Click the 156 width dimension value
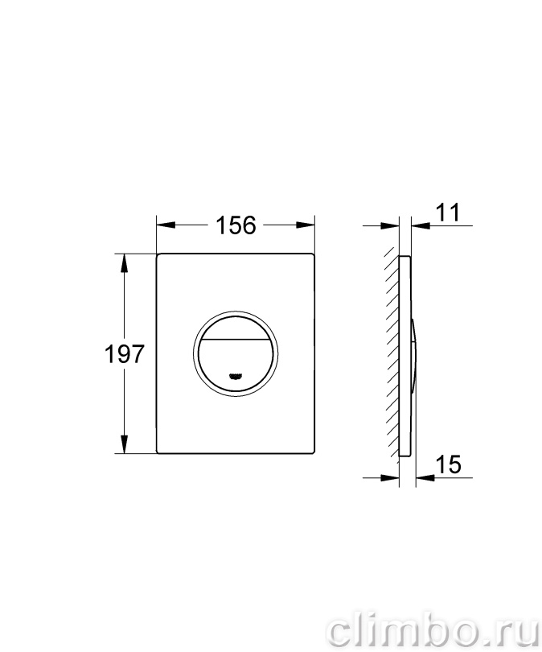(236, 225)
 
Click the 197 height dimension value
(124, 355)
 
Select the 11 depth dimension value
(448, 213)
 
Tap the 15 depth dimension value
(449, 464)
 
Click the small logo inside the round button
(235, 376)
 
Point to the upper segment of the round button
(236, 328)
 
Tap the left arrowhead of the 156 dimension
(166, 225)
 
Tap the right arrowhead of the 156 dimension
(306, 225)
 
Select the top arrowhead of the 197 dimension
(124, 262)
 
